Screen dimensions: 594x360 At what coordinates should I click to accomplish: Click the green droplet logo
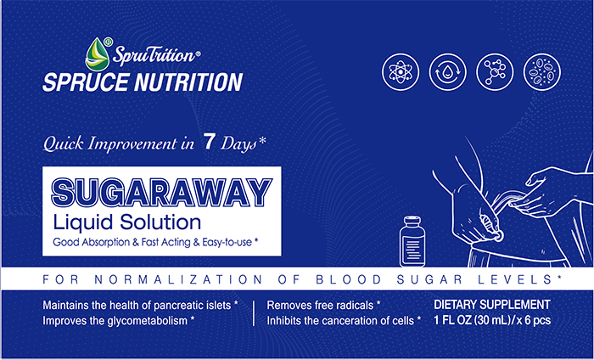click(96, 54)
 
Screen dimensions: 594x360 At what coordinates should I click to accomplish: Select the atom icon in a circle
click(401, 71)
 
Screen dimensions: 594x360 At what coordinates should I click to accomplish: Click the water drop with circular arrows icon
click(448, 71)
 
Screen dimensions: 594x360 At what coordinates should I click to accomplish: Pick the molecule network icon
click(495, 71)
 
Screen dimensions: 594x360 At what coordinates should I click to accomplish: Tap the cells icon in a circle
click(542, 71)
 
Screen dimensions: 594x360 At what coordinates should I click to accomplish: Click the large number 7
click(209, 142)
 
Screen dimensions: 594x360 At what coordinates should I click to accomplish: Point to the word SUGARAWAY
click(162, 192)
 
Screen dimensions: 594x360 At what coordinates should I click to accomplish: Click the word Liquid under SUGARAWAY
click(83, 222)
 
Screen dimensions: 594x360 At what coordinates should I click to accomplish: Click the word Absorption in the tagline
click(106, 243)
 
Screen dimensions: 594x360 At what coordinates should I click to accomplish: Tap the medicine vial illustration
click(412, 241)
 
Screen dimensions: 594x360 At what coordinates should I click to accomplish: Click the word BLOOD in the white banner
click(349, 279)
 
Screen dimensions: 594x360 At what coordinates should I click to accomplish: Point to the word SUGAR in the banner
click(429, 279)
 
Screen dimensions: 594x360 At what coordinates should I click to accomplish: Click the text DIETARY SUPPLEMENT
click(492, 305)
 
